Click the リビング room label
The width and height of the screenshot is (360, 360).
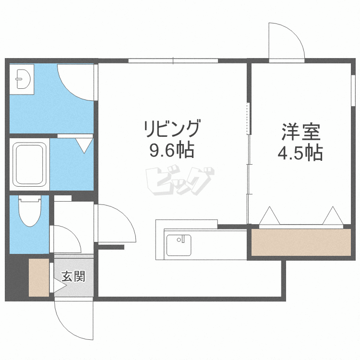pyautogui.click(x=171, y=130)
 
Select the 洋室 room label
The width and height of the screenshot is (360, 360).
pyautogui.click(x=300, y=131)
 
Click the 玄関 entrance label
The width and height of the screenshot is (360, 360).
pyautogui.click(x=73, y=276)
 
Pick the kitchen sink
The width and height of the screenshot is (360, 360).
pyautogui.click(x=178, y=244)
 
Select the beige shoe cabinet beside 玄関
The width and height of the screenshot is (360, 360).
pyautogui.click(x=39, y=277)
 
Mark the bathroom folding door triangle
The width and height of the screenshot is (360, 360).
pyautogui.click(x=84, y=144)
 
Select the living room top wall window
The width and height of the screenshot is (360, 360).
pyautogui.click(x=173, y=60)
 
